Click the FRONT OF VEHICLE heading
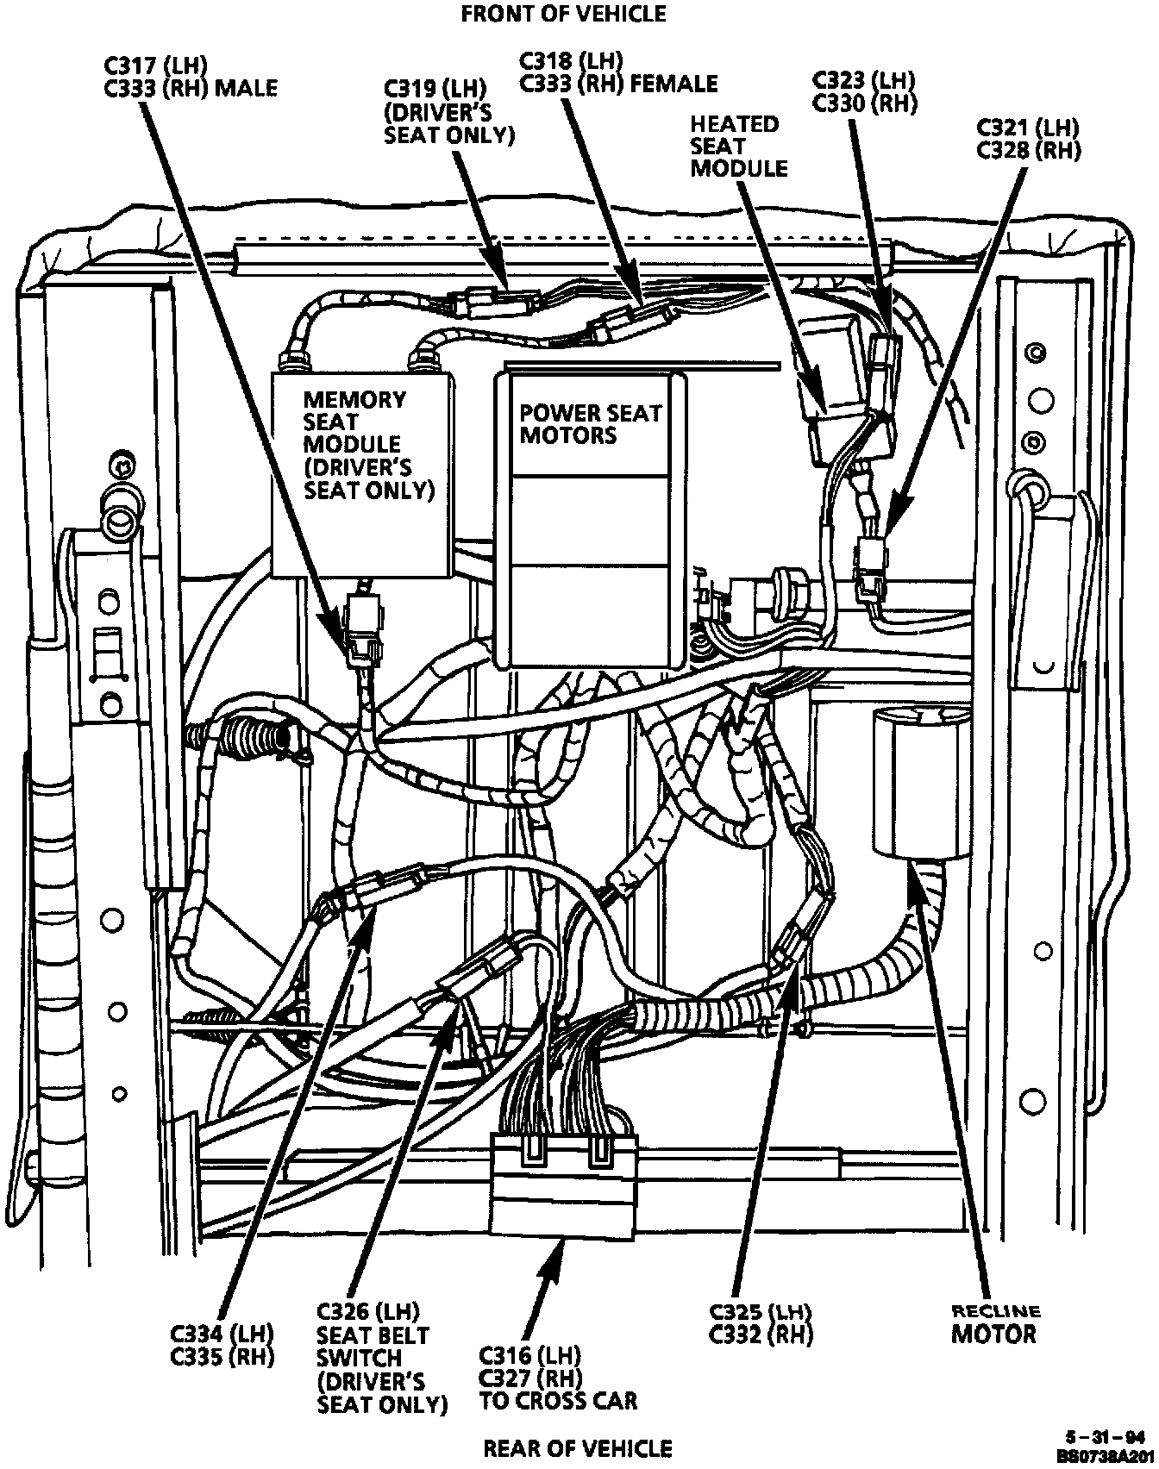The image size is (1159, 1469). point(563,14)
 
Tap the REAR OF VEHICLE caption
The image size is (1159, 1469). point(577,1447)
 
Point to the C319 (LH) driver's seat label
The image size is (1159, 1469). point(448,111)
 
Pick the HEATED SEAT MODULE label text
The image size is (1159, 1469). point(738,146)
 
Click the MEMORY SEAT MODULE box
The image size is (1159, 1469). point(362,474)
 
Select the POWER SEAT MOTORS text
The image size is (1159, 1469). point(590,423)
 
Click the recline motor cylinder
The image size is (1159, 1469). point(922,781)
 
